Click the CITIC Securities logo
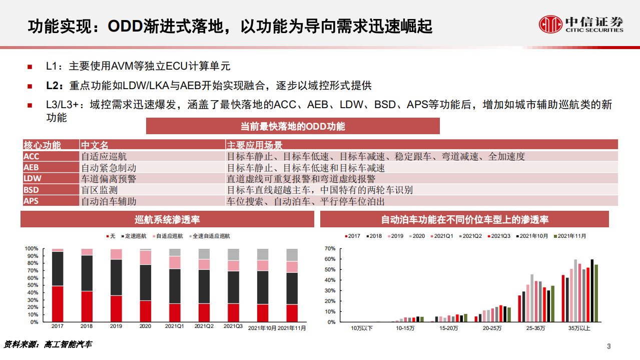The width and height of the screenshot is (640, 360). (581, 24)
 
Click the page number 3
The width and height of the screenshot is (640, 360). (608, 346)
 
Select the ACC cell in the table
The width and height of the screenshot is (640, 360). (31, 156)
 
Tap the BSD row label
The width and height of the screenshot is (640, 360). (31, 190)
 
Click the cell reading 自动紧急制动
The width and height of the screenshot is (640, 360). (109, 168)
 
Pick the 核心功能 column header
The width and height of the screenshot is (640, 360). (43, 145)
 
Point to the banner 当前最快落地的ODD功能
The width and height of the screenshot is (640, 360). (293, 126)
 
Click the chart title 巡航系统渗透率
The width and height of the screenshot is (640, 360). (168, 219)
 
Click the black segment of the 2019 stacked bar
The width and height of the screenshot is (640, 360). (116, 277)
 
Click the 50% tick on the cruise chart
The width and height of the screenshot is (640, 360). (32, 285)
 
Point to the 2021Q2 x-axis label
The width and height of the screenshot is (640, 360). (204, 326)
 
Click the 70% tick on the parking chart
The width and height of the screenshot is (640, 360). (329, 248)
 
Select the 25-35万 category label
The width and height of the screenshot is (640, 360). (536, 328)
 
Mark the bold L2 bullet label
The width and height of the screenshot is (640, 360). (53, 86)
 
